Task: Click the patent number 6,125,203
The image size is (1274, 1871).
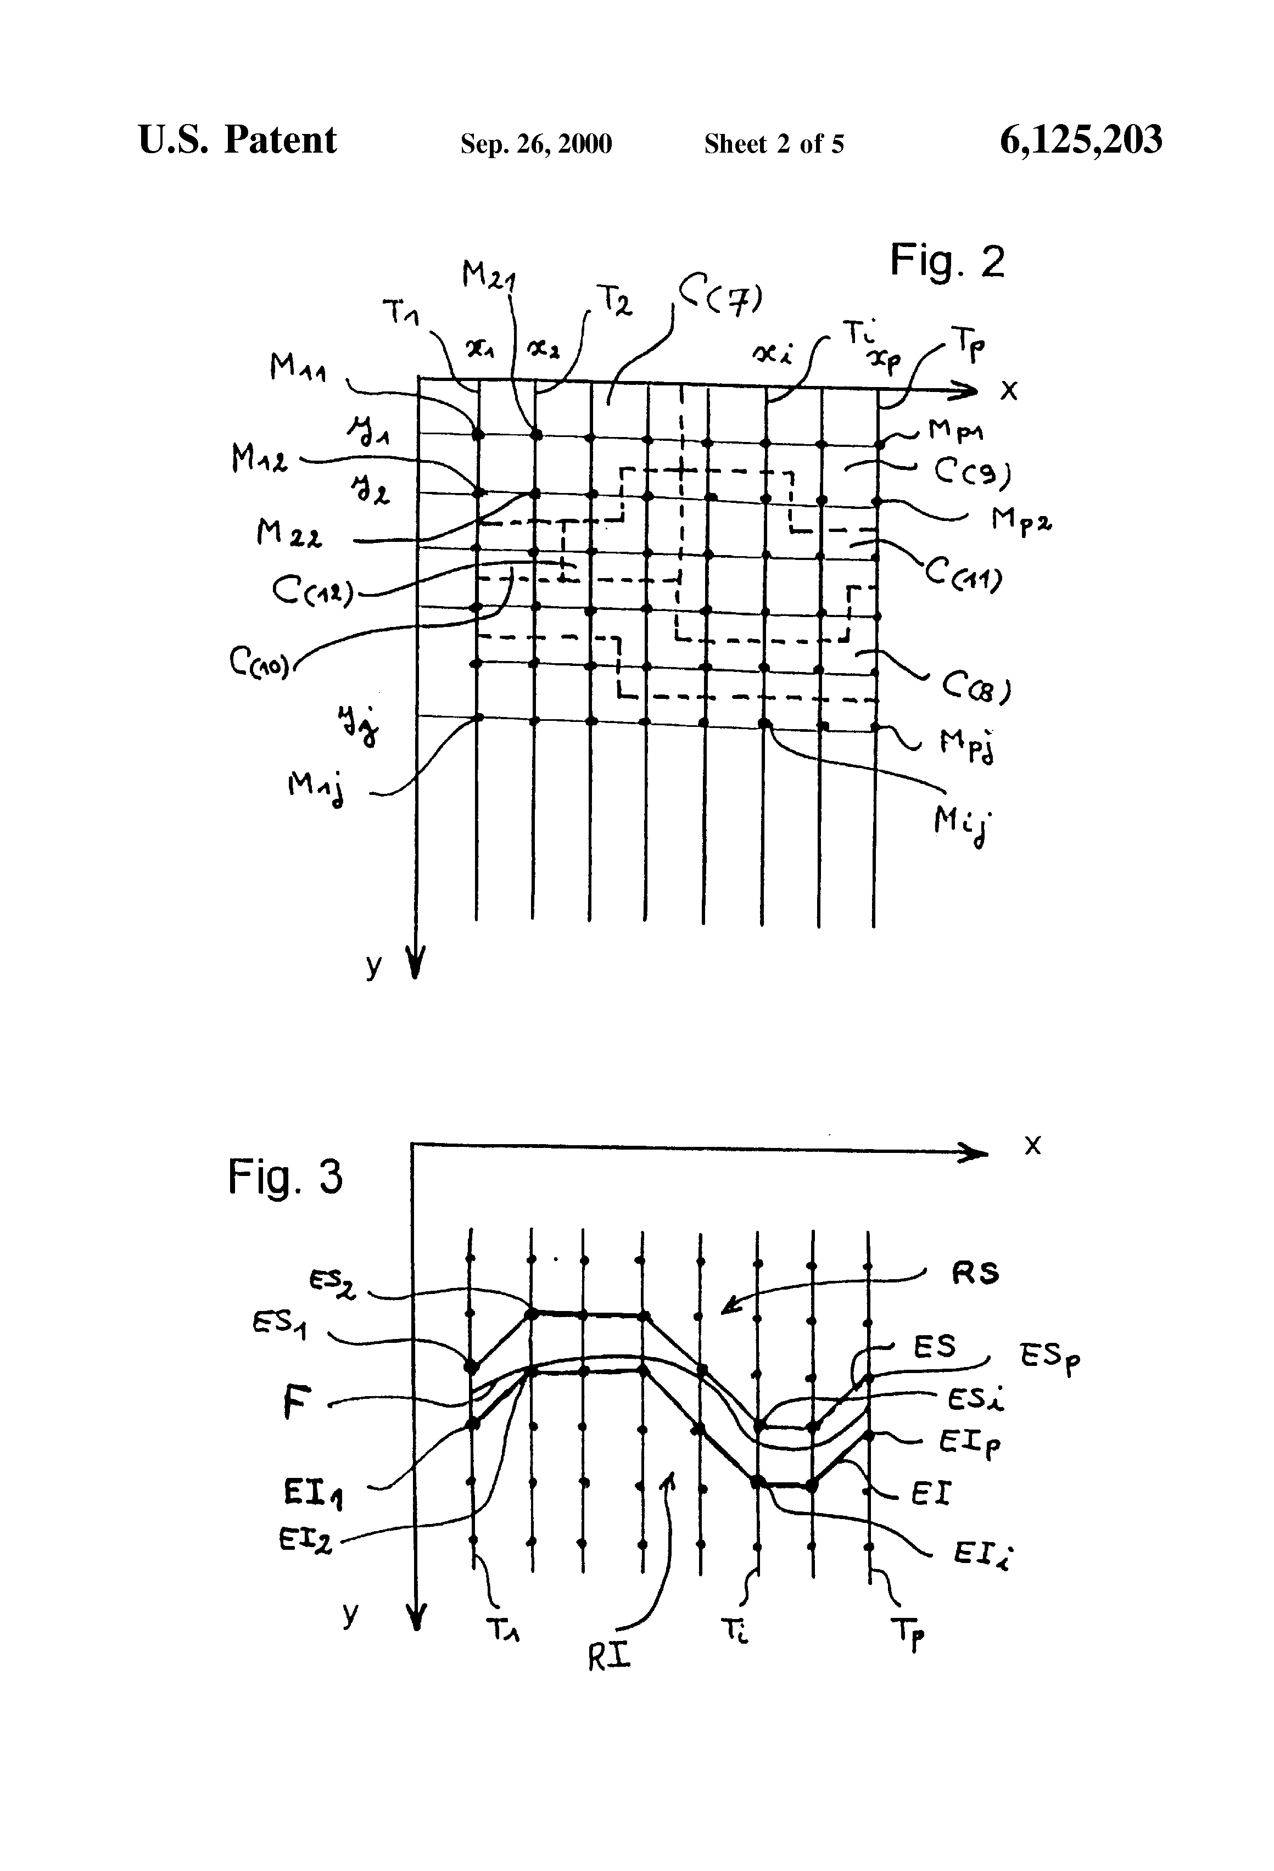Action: tap(1081, 140)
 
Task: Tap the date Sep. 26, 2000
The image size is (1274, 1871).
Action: tap(535, 144)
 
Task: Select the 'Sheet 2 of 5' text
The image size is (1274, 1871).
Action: tap(774, 144)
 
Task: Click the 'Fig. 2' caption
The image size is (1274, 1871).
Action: tap(947, 261)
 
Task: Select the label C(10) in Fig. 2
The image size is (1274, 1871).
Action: tap(259, 663)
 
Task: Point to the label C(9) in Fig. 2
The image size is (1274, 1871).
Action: tap(971, 472)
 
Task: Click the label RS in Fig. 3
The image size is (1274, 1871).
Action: tap(975, 1273)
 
